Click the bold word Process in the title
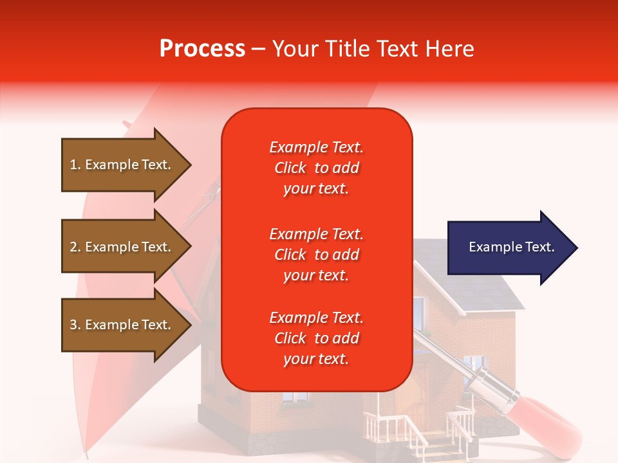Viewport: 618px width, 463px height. tap(202, 49)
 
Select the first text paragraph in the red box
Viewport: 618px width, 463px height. tap(316, 168)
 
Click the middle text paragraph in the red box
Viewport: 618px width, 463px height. tap(316, 255)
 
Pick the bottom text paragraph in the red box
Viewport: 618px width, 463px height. tap(316, 338)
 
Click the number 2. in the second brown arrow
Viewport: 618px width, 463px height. tap(75, 247)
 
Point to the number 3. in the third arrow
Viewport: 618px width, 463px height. tap(75, 325)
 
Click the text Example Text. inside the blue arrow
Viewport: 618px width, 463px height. tap(511, 247)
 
